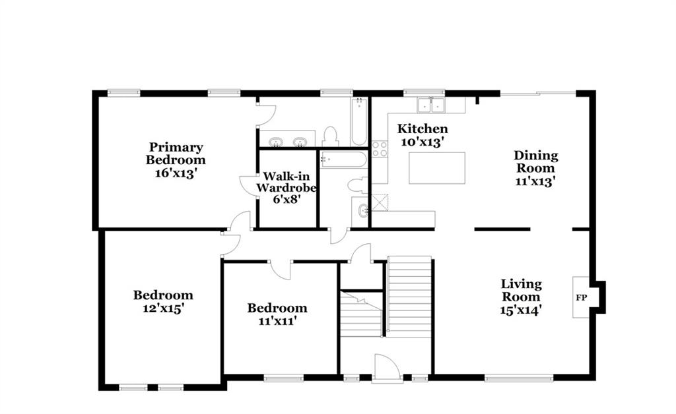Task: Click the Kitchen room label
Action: (x=422, y=129)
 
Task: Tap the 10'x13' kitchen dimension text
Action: (x=422, y=142)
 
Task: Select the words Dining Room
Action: (x=535, y=162)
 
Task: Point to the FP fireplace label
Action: (x=581, y=297)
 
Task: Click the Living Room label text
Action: (x=522, y=291)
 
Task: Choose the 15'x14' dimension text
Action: (x=522, y=310)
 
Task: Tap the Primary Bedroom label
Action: (x=176, y=154)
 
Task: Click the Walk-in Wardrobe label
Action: (x=287, y=182)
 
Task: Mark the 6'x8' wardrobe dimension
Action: (x=287, y=200)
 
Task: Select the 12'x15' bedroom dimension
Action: (x=164, y=309)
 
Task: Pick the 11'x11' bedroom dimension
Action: (x=278, y=321)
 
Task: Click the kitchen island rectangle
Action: (x=437, y=168)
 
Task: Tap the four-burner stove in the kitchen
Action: (x=380, y=149)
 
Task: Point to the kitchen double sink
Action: (x=430, y=105)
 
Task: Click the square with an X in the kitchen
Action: (x=380, y=202)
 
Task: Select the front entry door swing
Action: (x=387, y=368)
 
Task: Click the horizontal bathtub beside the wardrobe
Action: (x=343, y=160)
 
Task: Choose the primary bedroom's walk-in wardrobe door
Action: (x=249, y=186)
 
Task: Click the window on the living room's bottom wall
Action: (x=519, y=378)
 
